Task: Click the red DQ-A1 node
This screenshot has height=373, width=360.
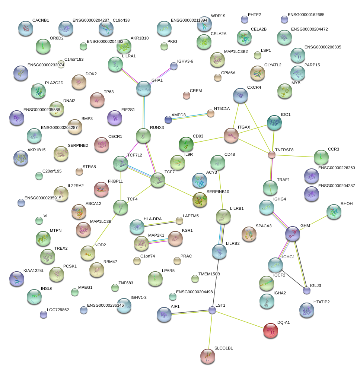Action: click(271, 331)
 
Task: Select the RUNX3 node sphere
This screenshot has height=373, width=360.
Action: click(143, 136)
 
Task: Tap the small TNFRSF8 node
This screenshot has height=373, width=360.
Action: click(272, 154)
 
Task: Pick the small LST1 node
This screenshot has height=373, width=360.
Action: click(212, 310)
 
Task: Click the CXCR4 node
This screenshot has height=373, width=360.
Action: click(240, 96)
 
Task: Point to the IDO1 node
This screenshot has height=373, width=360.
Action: click(274, 123)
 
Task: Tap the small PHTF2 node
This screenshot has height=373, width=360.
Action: click(245, 19)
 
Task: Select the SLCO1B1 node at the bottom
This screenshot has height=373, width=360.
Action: click(208, 356)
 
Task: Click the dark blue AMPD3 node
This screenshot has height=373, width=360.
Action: click(168, 120)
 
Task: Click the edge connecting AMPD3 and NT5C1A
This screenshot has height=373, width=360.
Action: click(189, 116)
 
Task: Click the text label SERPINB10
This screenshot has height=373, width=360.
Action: click(218, 192)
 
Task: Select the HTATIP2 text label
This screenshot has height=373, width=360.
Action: click(321, 301)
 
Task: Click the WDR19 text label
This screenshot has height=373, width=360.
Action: click(218, 16)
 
